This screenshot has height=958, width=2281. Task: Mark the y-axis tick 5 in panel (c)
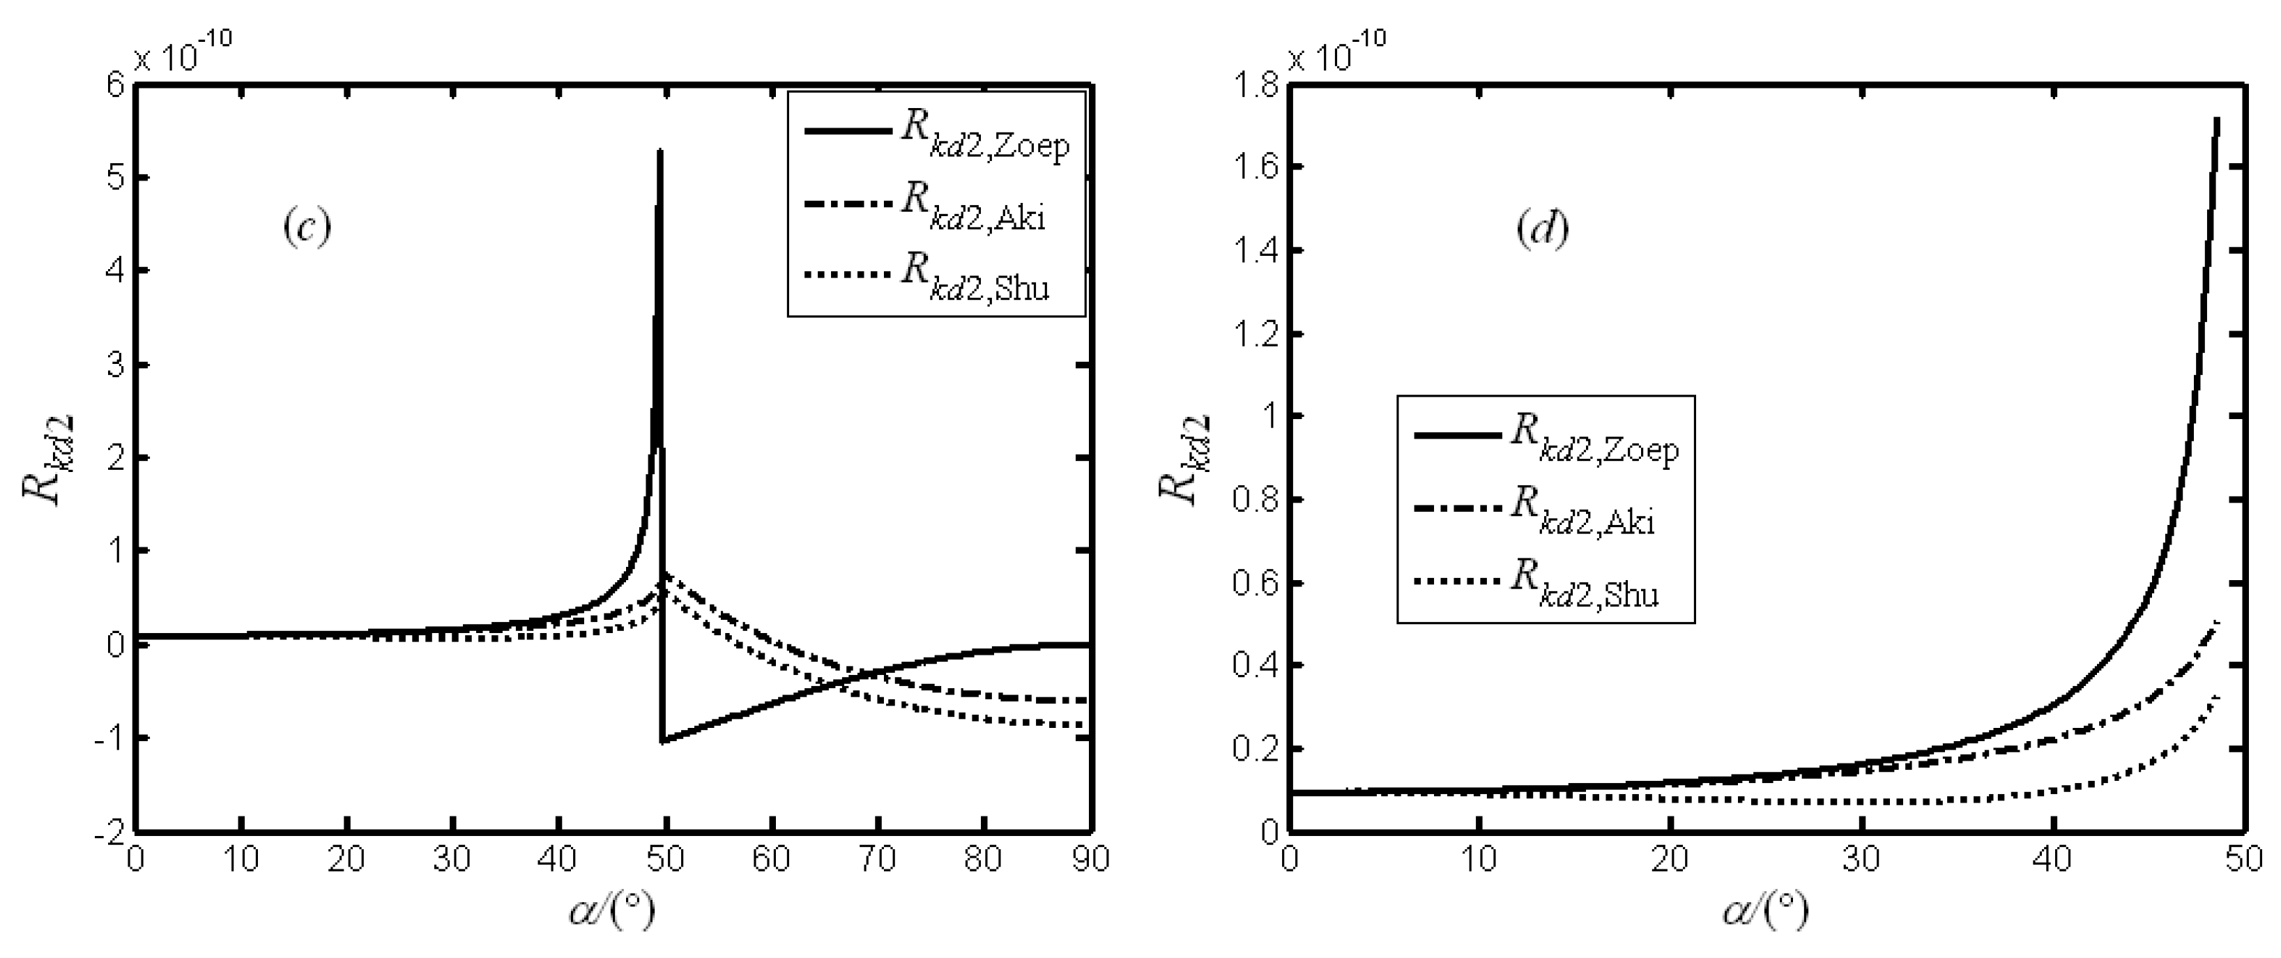(114, 178)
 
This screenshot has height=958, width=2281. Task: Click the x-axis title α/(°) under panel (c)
(613, 909)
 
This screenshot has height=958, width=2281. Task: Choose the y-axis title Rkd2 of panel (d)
(1181, 460)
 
